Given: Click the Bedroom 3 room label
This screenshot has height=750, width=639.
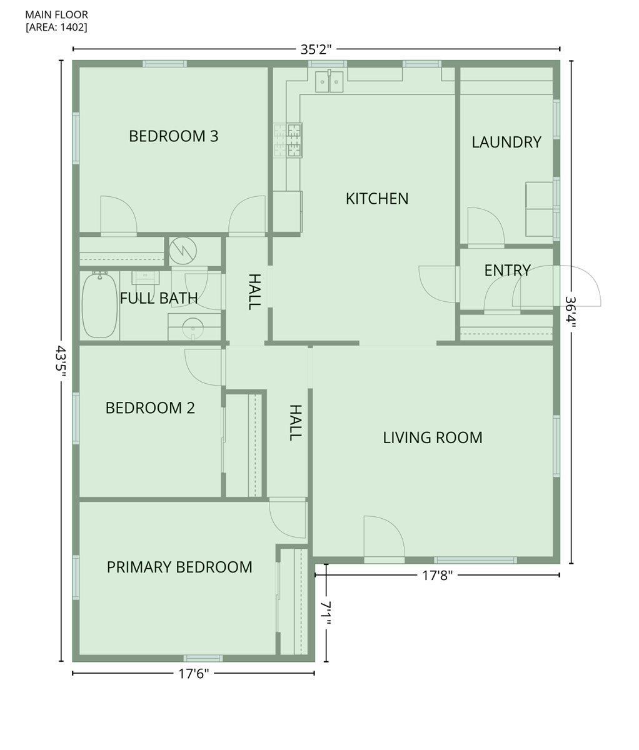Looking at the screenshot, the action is [x=174, y=136].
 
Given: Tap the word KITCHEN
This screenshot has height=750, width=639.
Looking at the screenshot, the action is [x=377, y=199].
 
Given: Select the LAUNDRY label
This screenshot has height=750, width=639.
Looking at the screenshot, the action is [x=506, y=142].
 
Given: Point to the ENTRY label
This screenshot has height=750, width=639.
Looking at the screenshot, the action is [x=507, y=271].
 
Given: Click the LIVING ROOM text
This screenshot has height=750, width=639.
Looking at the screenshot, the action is [x=433, y=437].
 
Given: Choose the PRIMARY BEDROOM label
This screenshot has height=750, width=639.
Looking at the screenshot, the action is [x=179, y=567].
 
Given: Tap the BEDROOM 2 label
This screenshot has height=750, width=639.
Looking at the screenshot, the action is [x=150, y=408].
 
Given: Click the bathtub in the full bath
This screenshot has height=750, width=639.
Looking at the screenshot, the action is [x=100, y=305].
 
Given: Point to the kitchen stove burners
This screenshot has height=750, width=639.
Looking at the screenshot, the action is [x=288, y=141].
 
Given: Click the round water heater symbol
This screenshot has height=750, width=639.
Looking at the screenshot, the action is [x=183, y=250].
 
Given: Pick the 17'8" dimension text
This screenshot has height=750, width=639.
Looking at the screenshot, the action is [x=437, y=576].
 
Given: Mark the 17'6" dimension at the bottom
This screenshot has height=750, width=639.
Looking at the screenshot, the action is [x=194, y=674].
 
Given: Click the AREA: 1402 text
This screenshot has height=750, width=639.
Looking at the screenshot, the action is [x=56, y=27].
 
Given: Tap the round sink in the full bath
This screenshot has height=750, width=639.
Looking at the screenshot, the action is [x=193, y=329].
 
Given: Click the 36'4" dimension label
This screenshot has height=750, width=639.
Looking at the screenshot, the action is [x=570, y=312].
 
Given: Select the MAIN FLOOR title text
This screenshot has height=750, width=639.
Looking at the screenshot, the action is [x=57, y=15].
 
